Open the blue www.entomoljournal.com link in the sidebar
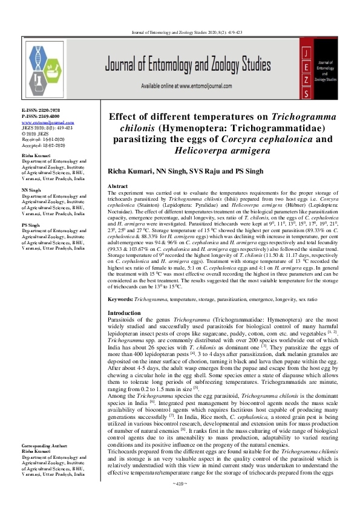point(44,122)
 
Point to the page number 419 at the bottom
point(180,501)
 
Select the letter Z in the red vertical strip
point(307,80)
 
